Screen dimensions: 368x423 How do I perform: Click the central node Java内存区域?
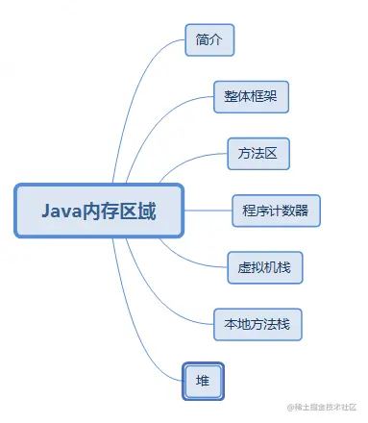pos(99,211)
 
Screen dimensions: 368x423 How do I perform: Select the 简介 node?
pos(209,39)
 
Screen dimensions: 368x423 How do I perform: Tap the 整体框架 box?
pos(251,97)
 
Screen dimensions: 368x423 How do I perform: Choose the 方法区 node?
pos(258,154)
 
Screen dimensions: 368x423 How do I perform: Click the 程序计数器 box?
pos(276,211)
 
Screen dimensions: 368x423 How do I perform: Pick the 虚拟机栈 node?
pos(265,267)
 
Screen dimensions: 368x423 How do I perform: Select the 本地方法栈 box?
pos(258,324)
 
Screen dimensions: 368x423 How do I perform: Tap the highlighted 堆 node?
pos(203,382)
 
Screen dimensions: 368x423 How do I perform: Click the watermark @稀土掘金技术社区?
pos(322,408)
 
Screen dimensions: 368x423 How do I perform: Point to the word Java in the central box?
pos(61,211)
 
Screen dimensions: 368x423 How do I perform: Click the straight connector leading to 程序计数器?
pos(208,211)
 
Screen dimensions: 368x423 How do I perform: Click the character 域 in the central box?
pos(147,211)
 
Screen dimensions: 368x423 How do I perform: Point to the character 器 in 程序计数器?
pos(301,211)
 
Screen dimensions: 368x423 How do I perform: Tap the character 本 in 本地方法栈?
pos(231,324)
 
